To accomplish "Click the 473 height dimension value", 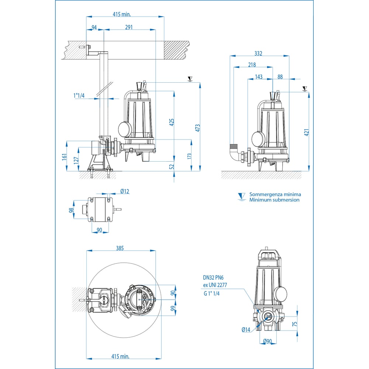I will [x=198, y=128].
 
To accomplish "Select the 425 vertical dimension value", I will [x=172, y=122].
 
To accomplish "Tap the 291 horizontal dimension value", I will [x=128, y=27].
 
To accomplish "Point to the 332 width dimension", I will [x=258, y=54].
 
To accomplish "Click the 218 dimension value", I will [x=252, y=65].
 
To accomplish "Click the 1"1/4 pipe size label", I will [x=79, y=96].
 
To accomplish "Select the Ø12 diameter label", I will [x=124, y=191].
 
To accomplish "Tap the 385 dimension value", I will [x=120, y=248].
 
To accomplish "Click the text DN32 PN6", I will [x=214, y=277].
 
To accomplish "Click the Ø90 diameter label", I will [x=268, y=341].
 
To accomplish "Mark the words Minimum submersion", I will [x=274, y=200].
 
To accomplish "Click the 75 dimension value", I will [x=294, y=324].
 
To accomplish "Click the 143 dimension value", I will [x=259, y=77].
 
